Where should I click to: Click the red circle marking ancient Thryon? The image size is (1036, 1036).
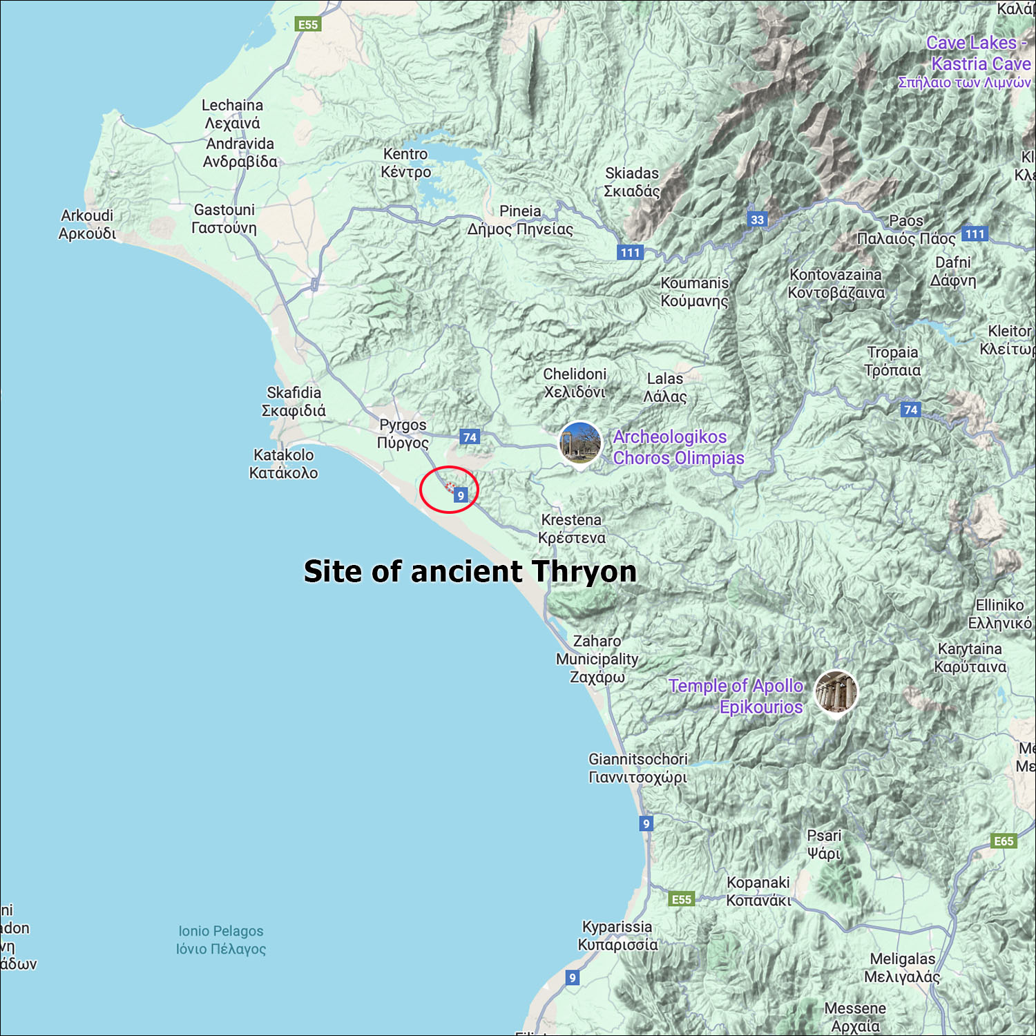[x=449, y=490]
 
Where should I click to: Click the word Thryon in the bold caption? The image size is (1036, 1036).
[x=584, y=572]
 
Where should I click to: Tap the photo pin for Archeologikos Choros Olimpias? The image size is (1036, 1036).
[x=580, y=443]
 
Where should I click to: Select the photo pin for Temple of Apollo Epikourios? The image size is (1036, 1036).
[x=836, y=691]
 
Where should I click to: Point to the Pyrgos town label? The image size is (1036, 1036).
[x=403, y=434]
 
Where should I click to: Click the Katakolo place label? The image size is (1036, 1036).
[x=283, y=464]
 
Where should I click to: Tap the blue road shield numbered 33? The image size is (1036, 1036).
[x=758, y=220]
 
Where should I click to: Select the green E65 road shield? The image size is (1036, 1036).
[x=1004, y=841]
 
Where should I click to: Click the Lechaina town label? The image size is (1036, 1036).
[x=232, y=114]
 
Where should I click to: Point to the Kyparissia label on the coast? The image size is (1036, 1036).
[x=617, y=935]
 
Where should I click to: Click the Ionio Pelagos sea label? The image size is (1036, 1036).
[x=221, y=940]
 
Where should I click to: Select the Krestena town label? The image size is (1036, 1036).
[x=571, y=528]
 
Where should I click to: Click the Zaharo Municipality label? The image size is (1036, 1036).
[x=597, y=659]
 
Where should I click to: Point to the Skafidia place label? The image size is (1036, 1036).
[x=294, y=401]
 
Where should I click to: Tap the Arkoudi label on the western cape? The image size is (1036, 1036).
[x=87, y=224]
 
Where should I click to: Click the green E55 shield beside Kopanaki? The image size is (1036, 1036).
[x=682, y=899]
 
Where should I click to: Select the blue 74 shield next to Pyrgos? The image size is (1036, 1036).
[x=470, y=437]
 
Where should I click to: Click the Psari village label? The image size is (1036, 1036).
[x=824, y=844]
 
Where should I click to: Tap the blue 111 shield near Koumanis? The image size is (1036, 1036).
[x=630, y=253]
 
